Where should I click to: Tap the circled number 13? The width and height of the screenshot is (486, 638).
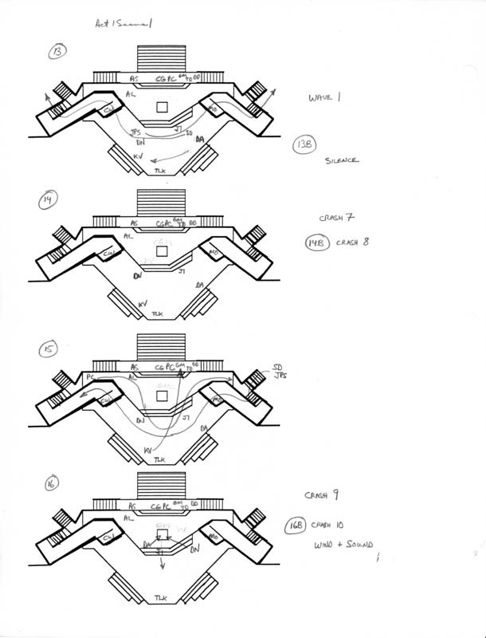tap(57, 53)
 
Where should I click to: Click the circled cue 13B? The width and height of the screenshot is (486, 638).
tap(303, 144)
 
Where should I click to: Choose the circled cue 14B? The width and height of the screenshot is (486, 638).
tap(316, 243)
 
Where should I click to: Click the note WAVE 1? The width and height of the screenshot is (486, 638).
tap(324, 98)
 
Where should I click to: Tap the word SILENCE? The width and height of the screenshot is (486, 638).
tap(343, 160)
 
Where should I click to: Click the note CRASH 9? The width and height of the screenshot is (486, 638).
tap(322, 495)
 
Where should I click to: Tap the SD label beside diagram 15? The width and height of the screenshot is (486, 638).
tap(278, 368)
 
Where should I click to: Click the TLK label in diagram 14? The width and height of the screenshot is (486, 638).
tap(161, 315)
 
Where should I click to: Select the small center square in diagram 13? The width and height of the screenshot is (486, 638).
tap(162, 106)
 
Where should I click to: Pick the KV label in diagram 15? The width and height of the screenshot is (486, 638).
tap(148, 451)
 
